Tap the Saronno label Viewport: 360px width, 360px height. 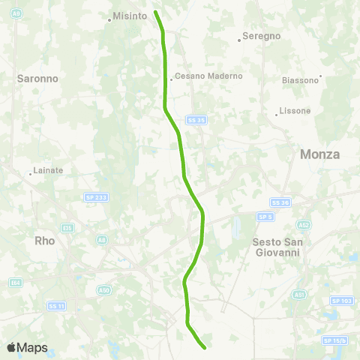[x=33, y=77]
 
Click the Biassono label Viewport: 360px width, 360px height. [x=300, y=79]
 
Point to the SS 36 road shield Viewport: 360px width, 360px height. [x=280, y=202]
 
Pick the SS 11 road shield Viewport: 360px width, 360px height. [x=56, y=305]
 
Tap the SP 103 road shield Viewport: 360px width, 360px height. [x=341, y=300]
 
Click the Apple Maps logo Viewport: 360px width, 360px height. [x=26, y=347]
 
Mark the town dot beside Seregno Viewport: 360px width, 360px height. [x=238, y=40]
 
